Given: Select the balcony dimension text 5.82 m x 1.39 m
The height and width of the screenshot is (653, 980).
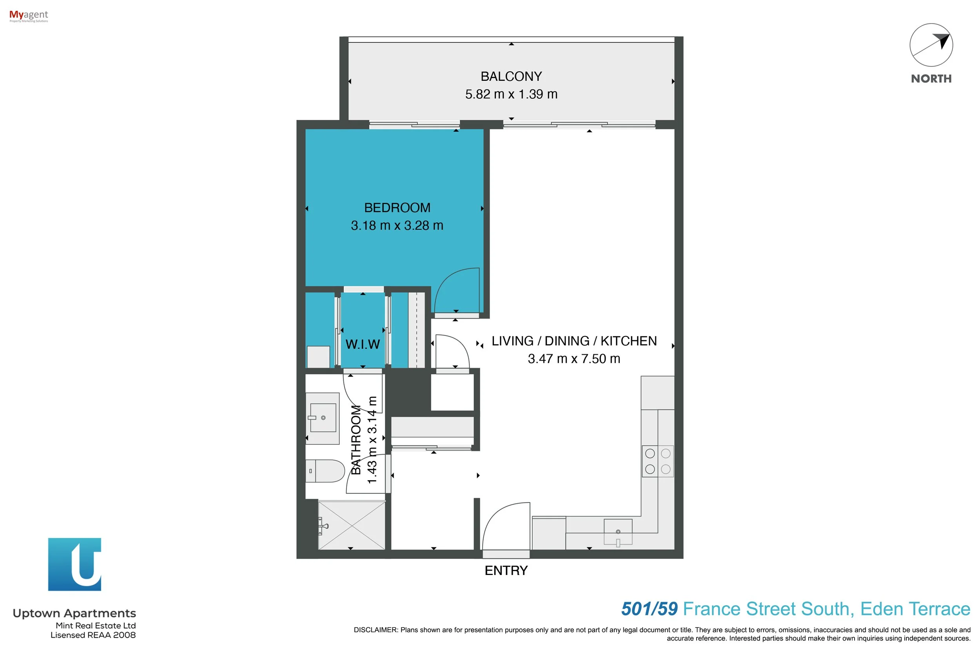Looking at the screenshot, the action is (x=511, y=94).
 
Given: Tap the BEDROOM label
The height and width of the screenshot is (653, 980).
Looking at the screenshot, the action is (x=397, y=208).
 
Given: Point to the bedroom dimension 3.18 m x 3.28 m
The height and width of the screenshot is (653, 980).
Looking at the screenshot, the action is (x=397, y=226).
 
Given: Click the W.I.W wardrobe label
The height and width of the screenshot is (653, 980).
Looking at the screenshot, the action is (x=362, y=345).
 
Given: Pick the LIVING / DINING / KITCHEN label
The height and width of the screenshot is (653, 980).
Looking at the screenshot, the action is (x=574, y=341).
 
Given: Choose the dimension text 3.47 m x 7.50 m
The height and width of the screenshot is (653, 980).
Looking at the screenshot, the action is (x=574, y=359).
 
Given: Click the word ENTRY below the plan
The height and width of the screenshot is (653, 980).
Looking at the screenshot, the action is (x=506, y=571).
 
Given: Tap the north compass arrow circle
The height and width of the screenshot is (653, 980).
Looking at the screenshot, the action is (x=931, y=45).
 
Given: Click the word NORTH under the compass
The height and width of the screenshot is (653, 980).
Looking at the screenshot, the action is (x=931, y=79).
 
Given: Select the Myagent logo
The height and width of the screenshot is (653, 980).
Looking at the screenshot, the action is (x=29, y=16).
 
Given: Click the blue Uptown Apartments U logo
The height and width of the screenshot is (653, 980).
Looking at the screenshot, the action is (x=74, y=564).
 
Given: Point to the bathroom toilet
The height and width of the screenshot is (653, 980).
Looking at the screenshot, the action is (x=325, y=471).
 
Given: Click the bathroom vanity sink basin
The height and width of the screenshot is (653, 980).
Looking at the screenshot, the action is (x=323, y=418).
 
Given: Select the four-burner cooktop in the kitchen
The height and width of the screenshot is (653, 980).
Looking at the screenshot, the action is (x=658, y=461).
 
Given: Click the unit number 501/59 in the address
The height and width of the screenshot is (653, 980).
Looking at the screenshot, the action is (x=649, y=609).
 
